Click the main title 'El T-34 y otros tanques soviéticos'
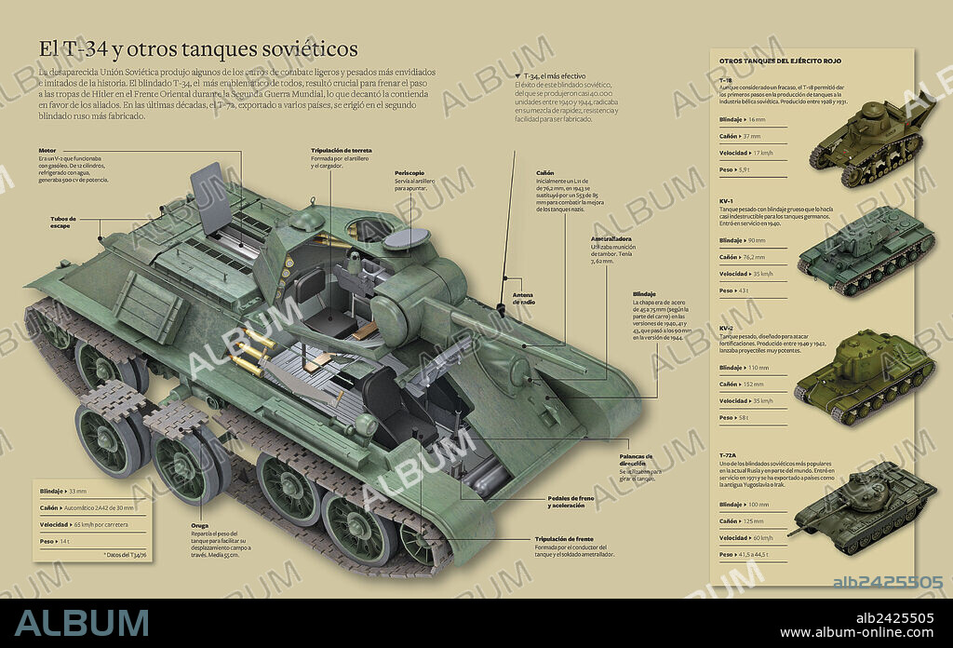point(197,48)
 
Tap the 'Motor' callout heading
point(47,151)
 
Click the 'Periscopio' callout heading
point(410,172)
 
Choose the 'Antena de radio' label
point(524,298)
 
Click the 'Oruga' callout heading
point(200,525)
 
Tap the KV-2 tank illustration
point(863,375)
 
